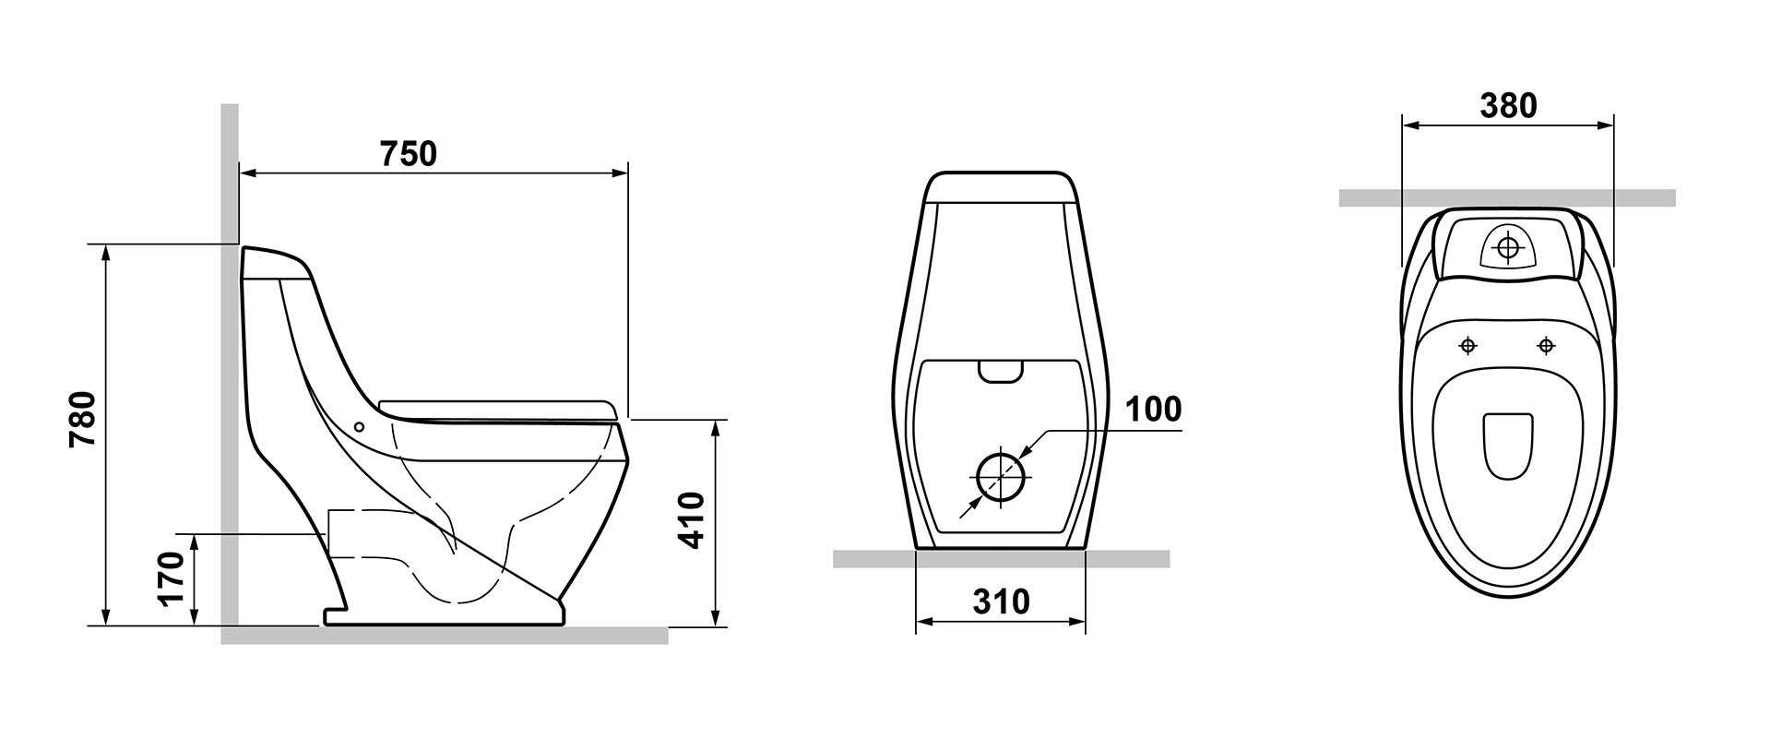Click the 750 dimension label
pos(409,153)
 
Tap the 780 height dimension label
pos(82,420)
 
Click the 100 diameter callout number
pos(1152,409)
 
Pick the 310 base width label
pos(1001,601)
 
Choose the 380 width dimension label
pos(1509,106)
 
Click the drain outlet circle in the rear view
pos(1001,476)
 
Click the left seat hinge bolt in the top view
pos(1468,346)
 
